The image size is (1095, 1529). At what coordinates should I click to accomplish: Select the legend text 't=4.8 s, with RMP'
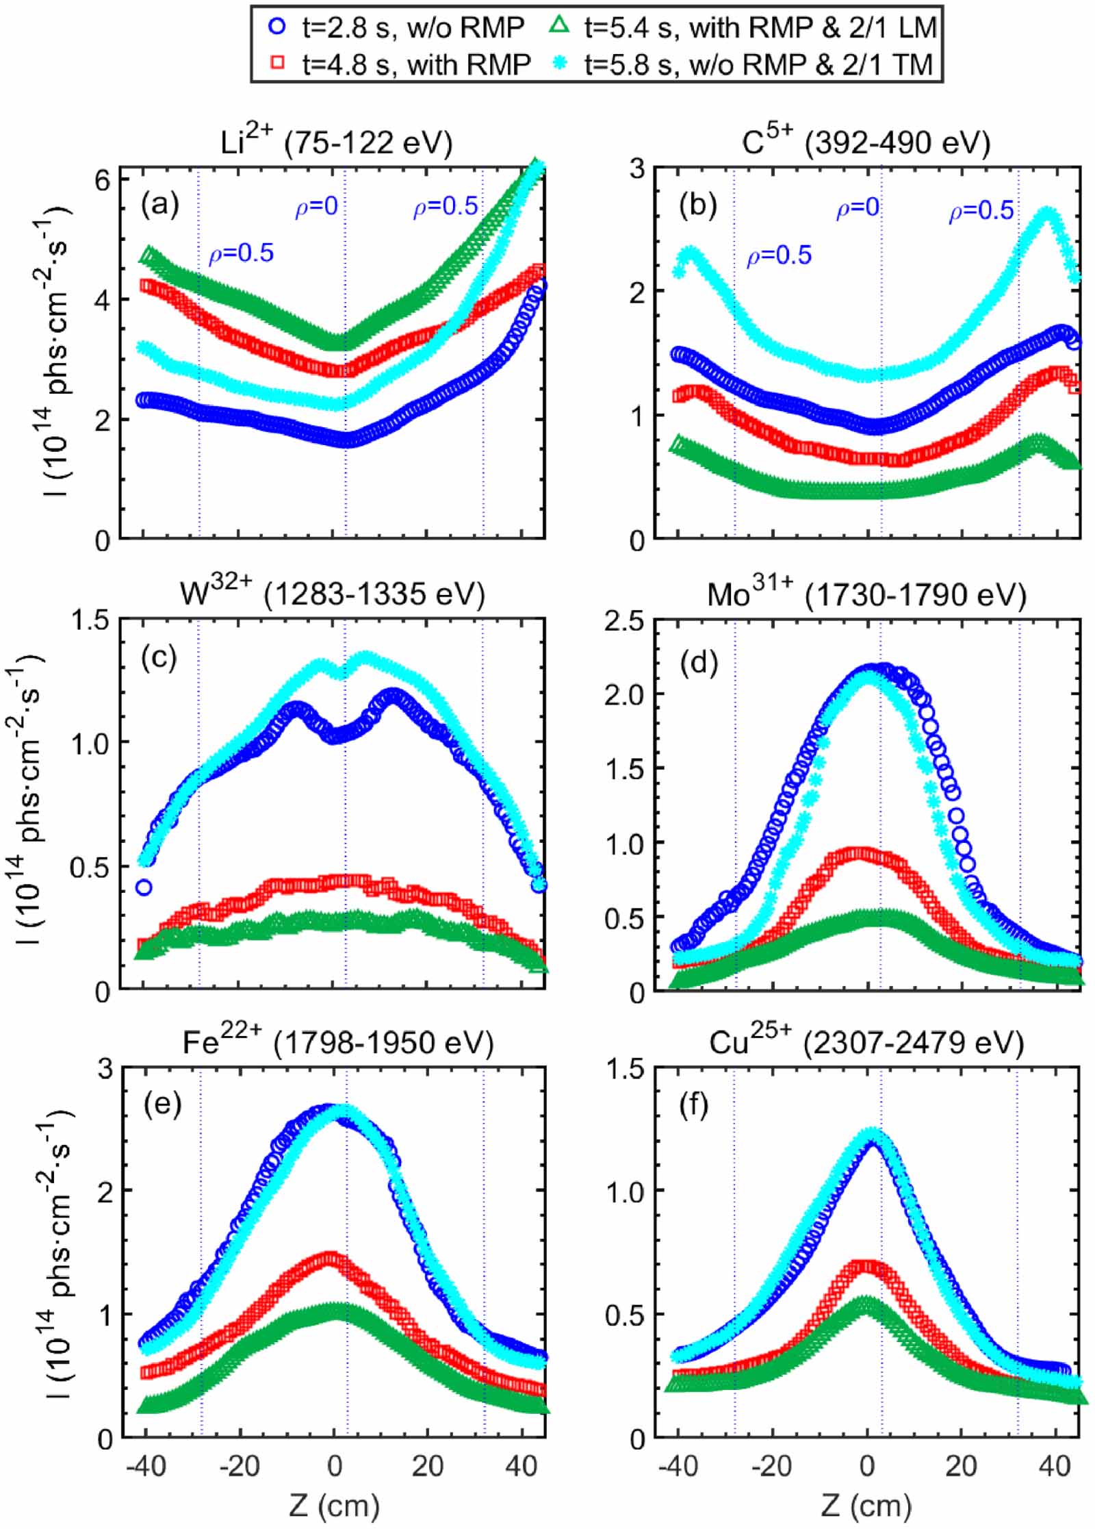coord(415,64)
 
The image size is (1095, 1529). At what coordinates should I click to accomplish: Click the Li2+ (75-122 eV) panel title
coord(335,142)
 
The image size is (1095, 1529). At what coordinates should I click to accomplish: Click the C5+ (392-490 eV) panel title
coord(866,142)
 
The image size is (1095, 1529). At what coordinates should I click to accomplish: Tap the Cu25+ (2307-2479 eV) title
coord(866,1042)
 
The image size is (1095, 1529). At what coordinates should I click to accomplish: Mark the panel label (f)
coord(693,1105)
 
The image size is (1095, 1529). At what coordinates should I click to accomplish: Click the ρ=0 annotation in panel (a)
coord(316,207)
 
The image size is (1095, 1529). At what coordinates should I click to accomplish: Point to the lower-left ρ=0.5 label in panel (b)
coord(778,256)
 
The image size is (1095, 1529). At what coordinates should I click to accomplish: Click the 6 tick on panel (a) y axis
coord(103,179)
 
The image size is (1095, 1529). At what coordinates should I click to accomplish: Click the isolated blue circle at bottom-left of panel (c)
coord(144,887)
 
